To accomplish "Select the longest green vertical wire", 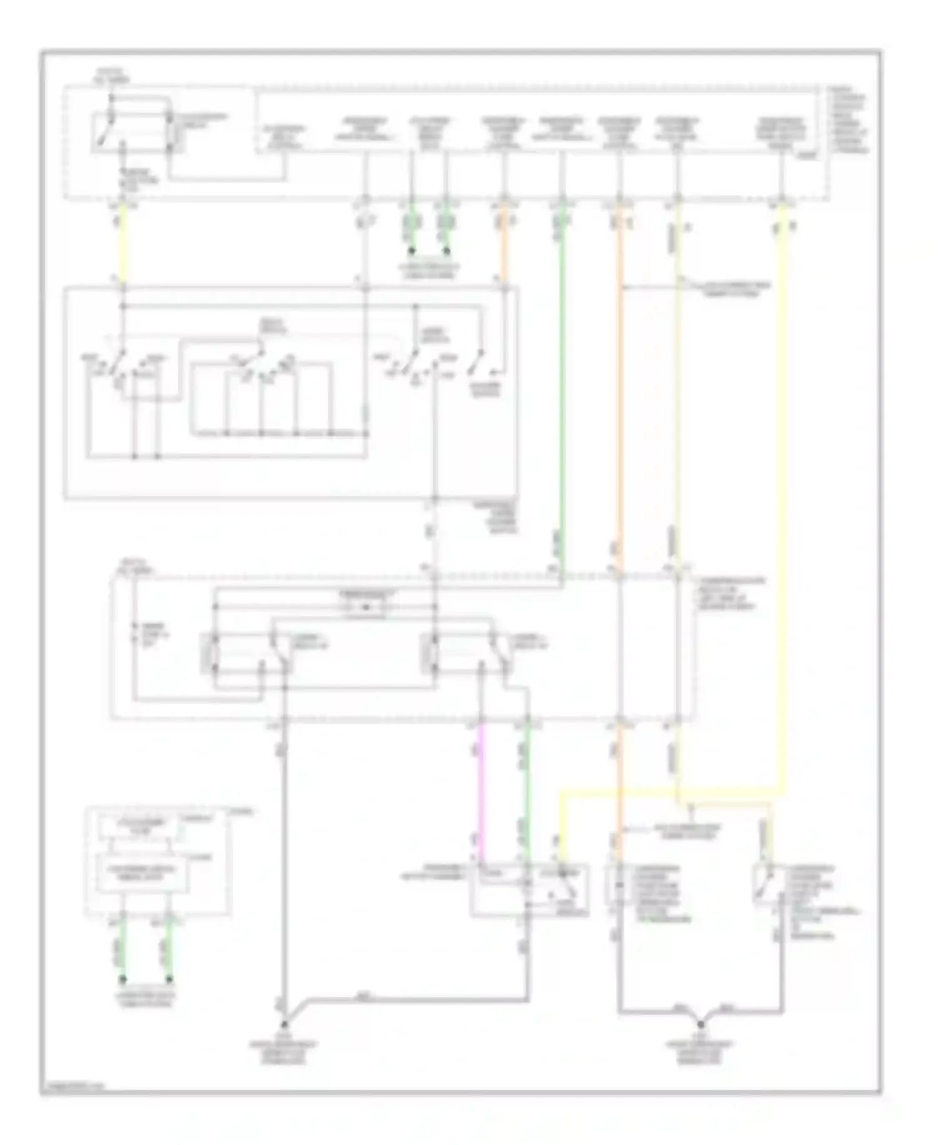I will coord(562,388).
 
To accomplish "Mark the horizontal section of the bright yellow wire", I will coord(670,793).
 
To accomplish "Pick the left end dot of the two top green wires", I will coord(412,251).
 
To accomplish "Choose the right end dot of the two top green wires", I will coord(447,251).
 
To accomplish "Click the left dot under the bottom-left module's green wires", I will coord(123,978).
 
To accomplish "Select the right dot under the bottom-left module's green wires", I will coord(169,978).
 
